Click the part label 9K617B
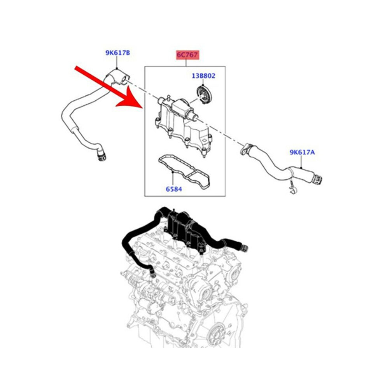117,53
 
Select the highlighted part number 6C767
187,55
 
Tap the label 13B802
203,75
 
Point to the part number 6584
174,189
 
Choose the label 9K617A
302,152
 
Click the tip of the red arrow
142,107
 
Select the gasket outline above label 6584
184,172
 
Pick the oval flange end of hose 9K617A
245,149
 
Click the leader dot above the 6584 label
173,173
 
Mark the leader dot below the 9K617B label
117,68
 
